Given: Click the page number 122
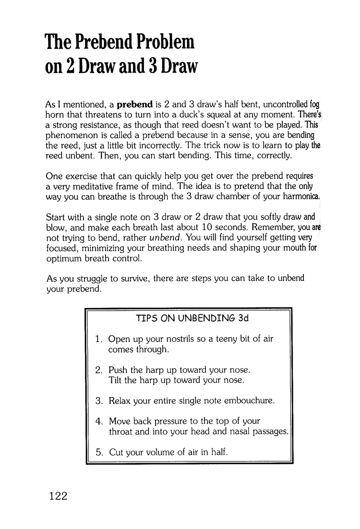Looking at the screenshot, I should click(x=57, y=495).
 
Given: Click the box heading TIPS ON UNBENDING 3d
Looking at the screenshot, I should click(x=189, y=318).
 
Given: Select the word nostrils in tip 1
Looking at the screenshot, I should click(x=163, y=339).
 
